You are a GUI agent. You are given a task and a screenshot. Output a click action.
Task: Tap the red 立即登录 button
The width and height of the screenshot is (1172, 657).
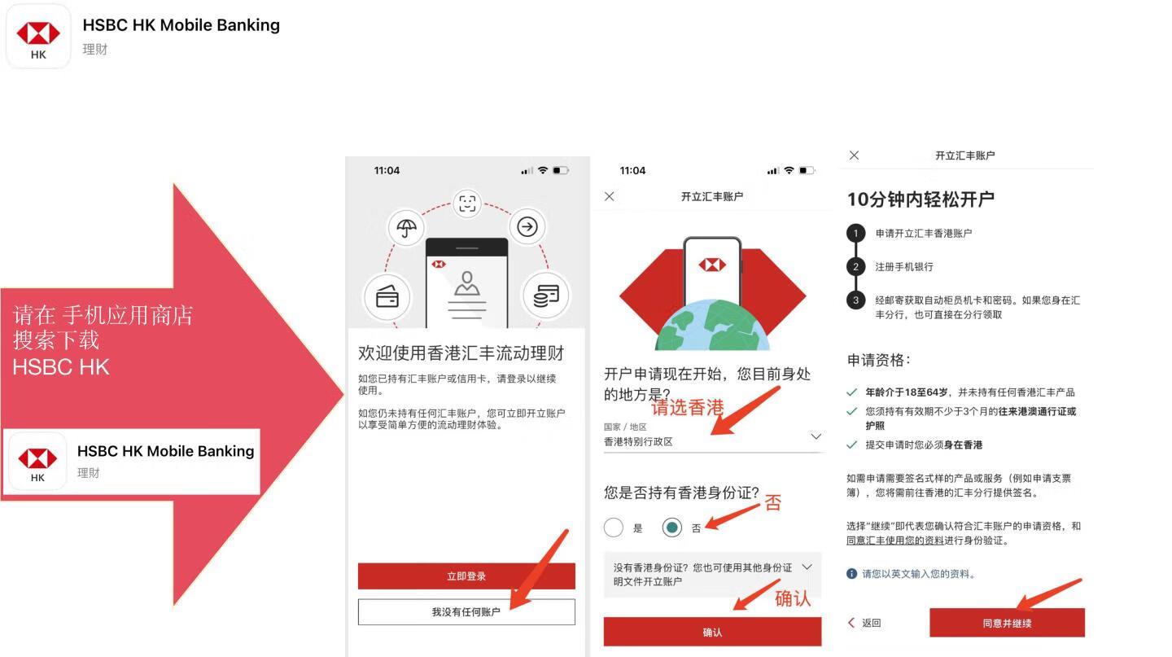pyautogui.click(x=466, y=576)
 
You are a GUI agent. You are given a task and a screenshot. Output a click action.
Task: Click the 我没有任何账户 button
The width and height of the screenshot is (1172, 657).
pyautogui.click(x=466, y=612)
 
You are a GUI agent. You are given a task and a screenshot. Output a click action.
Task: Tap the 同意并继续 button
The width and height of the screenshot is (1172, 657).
pyautogui.click(x=1007, y=624)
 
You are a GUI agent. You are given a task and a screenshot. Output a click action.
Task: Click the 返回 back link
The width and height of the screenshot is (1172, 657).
pyautogui.click(x=865, y=623)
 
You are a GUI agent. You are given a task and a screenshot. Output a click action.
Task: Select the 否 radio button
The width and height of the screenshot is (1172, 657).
pyautogui.click(x=671, y=528)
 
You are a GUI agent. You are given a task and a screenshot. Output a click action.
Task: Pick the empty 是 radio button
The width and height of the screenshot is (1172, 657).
pyautogui.click(x=614, y=528)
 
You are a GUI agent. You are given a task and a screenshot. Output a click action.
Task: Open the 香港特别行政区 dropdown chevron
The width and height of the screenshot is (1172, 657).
pyautogui.click(x=816, y=437)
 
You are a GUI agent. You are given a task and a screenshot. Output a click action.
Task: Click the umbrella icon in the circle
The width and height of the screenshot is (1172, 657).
pyautogui.click(x=407, y=227)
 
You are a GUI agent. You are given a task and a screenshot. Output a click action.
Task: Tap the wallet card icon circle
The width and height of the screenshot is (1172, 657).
pyautogui.click(x=387, y=297)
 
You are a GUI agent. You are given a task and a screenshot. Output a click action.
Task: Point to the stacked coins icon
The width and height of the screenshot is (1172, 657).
pyautogui.click(x=545, y=296)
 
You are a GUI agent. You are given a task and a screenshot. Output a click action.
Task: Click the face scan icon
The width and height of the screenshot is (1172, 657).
pyautogui.click(x=467, y=204)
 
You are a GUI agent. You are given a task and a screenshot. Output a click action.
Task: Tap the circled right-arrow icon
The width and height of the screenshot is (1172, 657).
pyautogui.click(x=527, y=226)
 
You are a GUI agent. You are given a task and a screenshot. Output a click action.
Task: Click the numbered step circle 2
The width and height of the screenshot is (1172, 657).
pyautogui.click(x=855, y=267)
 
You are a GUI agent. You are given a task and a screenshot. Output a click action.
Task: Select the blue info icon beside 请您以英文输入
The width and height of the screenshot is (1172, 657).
pyautogui.click(x=852, y=574)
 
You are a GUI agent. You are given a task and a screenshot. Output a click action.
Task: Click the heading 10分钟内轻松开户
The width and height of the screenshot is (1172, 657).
pyautogui.click(x=921, y=199)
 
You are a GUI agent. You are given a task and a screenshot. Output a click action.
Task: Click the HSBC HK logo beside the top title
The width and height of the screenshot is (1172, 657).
pyautogui.click(x=38, y=37)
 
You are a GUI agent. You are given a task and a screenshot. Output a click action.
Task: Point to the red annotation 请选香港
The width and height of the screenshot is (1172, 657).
pyautogui.click(x=688, y=408)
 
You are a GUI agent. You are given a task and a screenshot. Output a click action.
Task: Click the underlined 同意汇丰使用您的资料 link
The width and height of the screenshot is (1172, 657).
pyautogui.click(x=895, y=541)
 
